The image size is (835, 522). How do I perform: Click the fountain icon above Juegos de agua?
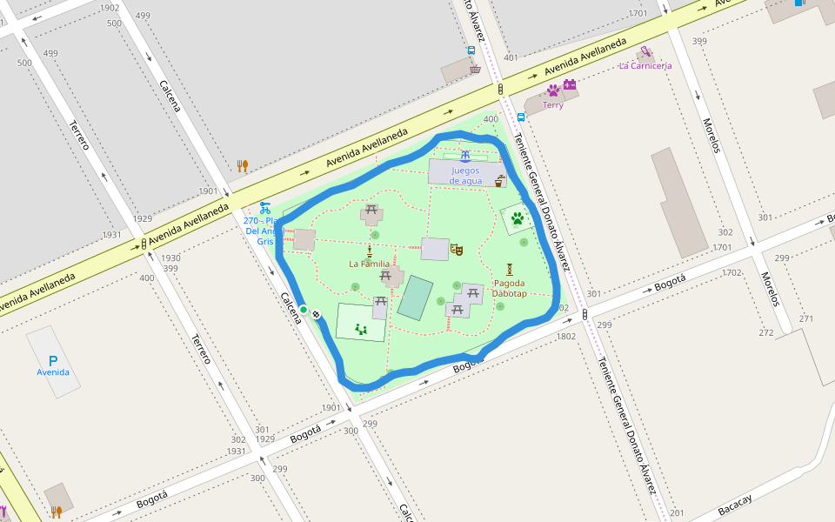[x=466, y=156]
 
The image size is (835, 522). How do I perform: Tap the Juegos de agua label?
[x=466, y=176]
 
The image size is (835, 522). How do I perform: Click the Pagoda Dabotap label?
[x=509, y=288]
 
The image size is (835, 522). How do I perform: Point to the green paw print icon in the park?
[x=518, y=218]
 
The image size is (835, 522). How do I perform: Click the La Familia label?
[x=369, y=264]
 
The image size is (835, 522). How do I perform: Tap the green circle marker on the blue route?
[x=304, y=309]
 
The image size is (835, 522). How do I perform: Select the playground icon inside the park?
[x=361, y=329]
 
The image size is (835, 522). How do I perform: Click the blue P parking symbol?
[x=53, y=360]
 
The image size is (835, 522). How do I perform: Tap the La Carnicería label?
[x=645, y=66]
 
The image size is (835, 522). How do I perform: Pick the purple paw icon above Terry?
[x=553, y=90]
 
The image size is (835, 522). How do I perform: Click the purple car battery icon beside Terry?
[x=570, y=84]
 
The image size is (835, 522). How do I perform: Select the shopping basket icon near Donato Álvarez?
[x=475, y=69]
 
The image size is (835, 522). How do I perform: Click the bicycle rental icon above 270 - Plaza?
[x=264, y=208]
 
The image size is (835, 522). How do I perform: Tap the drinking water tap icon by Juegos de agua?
[x=499, y=182]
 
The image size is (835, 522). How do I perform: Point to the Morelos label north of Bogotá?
[x=711, y=135]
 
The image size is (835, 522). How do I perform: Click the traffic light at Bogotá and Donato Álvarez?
[x=584, y=314]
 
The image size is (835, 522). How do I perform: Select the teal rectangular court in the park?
[x=415, y=298]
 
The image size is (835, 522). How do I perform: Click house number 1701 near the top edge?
[x=638, y=13]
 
